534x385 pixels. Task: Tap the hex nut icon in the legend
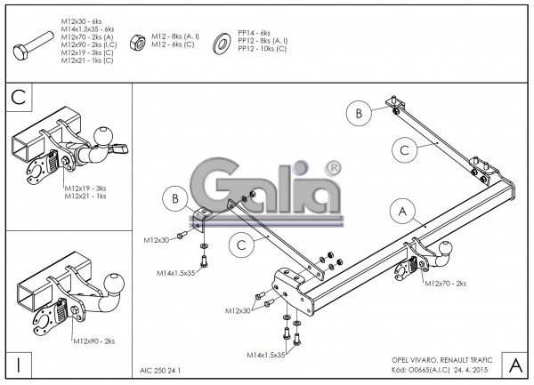tap(139, 40)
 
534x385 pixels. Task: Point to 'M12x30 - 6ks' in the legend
tap(84, 20)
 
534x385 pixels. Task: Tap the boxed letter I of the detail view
tap(19, 363)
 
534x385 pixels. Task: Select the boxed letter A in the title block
tap(514, 364)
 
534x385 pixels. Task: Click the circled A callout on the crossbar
tap(402, 212)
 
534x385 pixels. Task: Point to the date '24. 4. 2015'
tap(468, 367)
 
